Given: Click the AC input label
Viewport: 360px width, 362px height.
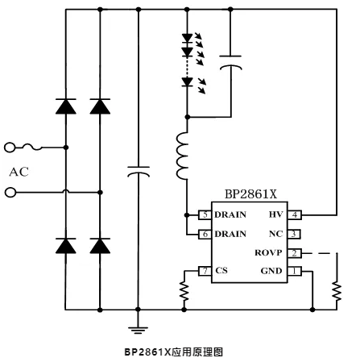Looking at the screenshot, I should point(19,171).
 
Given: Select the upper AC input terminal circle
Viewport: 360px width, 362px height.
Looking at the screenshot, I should point(10,148).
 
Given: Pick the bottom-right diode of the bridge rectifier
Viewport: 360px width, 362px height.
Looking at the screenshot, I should point(101,246).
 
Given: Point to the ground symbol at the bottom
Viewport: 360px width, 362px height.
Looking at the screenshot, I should point(139,328).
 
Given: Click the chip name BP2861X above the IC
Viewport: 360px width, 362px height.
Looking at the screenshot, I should point(251,195).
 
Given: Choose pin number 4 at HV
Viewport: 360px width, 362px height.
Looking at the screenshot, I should point(296,214).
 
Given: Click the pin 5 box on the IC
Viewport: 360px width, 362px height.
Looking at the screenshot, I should point(205,214).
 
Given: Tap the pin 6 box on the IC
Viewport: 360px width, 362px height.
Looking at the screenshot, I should point(205,234).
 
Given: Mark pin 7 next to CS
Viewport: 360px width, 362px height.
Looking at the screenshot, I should point(205,272).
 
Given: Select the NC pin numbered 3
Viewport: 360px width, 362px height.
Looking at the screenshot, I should point(296,234).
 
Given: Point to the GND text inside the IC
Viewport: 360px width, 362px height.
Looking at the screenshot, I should point(271,272).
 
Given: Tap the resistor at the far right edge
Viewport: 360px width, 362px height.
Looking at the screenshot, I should point(336,289).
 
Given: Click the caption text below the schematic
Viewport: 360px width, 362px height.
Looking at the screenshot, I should point(172,352).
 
